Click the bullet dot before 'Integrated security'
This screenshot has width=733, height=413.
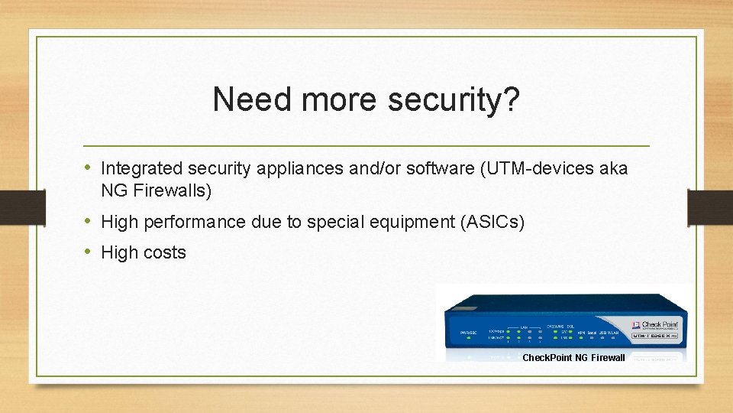pos(89,167)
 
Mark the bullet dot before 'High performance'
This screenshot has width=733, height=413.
pos(89,222)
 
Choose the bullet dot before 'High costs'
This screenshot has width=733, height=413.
pos(89,252)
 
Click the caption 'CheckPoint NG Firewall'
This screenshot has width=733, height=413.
pos(573,357)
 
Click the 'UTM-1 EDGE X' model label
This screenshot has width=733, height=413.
pos(654,335)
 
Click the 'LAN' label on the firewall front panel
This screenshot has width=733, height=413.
pos(524,327)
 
